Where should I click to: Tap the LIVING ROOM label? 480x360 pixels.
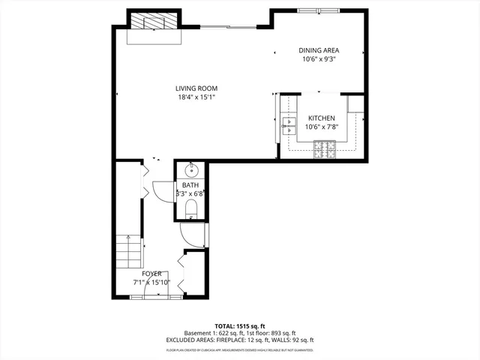click(196, 88)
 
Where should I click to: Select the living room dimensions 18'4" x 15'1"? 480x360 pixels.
click(196, 96)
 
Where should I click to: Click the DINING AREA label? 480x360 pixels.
click(319, 49)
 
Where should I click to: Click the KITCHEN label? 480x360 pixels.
click(320, 118)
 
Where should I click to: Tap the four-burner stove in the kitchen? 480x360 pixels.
click(325, 153)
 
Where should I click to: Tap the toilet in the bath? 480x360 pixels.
click(190, 208)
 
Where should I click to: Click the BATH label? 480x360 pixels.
click(190, 184)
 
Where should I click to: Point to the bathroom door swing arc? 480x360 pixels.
click(162, 191)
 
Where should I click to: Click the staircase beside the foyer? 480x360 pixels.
click(129, 253)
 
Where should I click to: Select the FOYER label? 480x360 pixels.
click(151, 274)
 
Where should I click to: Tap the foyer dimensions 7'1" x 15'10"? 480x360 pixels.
click(151, 282)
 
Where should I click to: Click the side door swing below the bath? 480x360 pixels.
click(193, 236)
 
